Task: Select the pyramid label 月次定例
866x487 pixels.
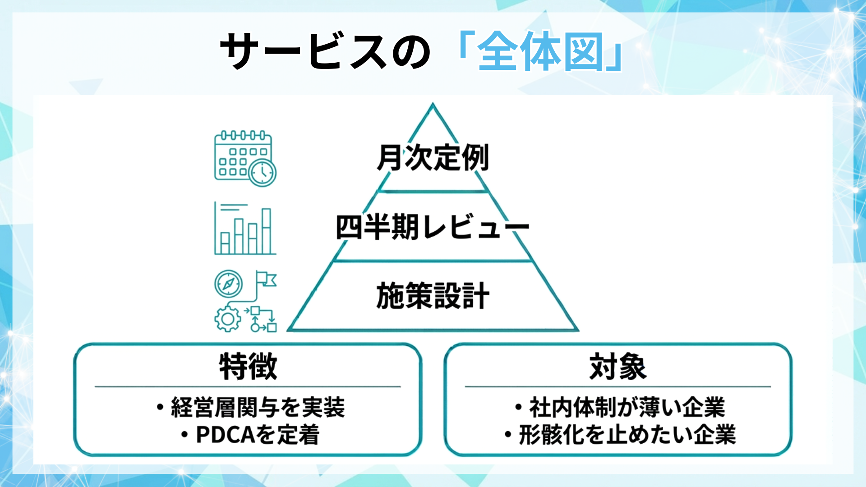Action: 433,158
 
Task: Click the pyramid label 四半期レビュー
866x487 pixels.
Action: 432,226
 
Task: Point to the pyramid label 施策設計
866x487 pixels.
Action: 433,296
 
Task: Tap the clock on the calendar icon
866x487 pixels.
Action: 263,173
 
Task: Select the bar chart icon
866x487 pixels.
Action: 245,228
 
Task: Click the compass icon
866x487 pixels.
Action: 228,284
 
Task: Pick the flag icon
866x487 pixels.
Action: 266,279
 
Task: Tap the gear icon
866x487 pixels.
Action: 227,319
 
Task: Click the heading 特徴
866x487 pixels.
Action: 248,367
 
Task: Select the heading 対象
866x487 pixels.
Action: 617,367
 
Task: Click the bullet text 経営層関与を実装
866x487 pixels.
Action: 258,407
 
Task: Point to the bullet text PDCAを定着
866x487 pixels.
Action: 258,435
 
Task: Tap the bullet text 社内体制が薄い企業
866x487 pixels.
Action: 627,407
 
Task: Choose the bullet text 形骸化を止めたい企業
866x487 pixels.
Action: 627,435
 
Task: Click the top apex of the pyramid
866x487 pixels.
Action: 433,105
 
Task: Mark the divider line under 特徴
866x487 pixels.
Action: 248,386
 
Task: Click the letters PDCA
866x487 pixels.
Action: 226,435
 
